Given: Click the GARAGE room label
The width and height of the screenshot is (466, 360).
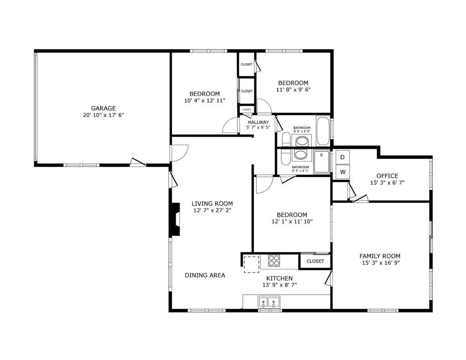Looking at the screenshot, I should click(x=103, y=108).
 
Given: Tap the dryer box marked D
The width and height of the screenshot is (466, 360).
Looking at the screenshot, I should click(x=342, y=157).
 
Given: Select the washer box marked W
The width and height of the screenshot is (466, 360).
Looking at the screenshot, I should click(x=342, y=172).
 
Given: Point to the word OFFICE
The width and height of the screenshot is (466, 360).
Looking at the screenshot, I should click(x=387, y=176).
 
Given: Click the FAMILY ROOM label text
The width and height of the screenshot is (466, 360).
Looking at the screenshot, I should click(x=380, y=256).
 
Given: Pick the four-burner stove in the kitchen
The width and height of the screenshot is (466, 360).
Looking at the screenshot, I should click(x=274, y=261).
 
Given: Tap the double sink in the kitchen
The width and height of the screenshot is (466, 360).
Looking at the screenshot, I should click(x=268, y=302).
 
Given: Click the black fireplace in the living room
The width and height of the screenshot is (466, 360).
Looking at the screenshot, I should click(x=175, y=219).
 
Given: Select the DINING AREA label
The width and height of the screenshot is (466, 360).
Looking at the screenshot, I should click(x=205, y=275).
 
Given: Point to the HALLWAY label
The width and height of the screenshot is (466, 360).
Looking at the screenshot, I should click(x=258, y=122).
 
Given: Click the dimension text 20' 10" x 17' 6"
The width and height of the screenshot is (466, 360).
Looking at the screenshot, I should click(x=103, y=115).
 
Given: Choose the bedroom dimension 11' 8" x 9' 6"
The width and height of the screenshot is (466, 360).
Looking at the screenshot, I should click(x=293, y=90).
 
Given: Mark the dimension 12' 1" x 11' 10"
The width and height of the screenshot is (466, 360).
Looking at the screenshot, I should click(x=292, y=222).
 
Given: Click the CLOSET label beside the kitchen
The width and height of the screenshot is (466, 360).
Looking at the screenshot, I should click(x=315, y=261).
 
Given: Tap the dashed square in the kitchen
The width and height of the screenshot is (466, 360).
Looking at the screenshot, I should click(x=250, y=264).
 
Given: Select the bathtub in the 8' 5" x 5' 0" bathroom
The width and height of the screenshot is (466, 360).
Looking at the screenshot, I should click(x=323, y=131).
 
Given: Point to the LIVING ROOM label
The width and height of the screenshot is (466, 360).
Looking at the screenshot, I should click(x=212, y=203).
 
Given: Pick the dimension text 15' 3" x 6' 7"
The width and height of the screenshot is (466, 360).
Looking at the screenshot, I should click(x=387, y=183).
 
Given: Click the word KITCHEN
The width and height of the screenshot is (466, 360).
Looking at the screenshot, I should click(x=279, y=279).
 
